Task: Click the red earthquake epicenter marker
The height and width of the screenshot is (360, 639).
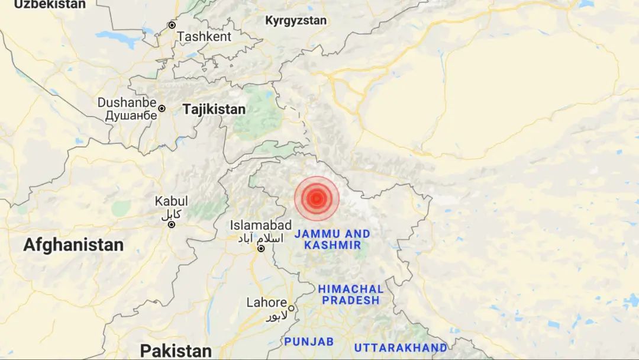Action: pyautogui.click(x=317, y=198)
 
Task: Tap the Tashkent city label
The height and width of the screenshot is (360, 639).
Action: pyautogui.click(x=204, y=37)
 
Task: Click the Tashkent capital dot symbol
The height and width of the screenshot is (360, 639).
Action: pyautogui.click(x=172, y=25)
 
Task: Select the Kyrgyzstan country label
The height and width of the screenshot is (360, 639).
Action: pyautogui.click(x=295, y=21)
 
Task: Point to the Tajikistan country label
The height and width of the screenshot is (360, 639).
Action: pyautogui.click(x=214, y=110)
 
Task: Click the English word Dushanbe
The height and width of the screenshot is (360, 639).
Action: pyautogui.click(x=127, y=102)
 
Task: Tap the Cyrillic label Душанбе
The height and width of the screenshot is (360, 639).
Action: pyautogui.click(x=131, y=115)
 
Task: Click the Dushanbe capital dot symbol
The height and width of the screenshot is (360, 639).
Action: pyautogui.click(x=162, y=109)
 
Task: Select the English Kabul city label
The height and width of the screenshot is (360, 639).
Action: pyautogui.click(x=171, y=201)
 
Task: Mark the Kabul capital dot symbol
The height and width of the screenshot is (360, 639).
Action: pyautogui.click(x=171, y=224)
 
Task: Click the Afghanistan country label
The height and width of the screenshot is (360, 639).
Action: pyautogui.click(x=73, y=245)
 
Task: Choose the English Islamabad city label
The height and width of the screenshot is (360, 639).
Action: pyautogui.click(x=261, y=225)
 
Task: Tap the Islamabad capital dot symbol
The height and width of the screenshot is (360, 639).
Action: pyautogui.click(x=261, y=249)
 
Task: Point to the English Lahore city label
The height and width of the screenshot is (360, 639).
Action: pyautogui.click(x=266, y=303)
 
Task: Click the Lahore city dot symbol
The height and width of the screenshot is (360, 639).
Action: pyautogui.click(x=291, y=308)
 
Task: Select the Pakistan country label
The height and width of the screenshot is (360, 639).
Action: pyautogui.click(x=176, y=351)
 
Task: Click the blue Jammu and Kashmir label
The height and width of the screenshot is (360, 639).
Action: pyautogui.click(x=335, y=239)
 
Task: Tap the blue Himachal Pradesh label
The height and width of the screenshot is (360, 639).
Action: pyautogui.click(x=350, y=295)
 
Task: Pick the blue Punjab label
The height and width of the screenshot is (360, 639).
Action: pyautogui.click(x=309, y=342)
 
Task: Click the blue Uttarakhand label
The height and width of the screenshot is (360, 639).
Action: pyautogui.click(x=400, y=348)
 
